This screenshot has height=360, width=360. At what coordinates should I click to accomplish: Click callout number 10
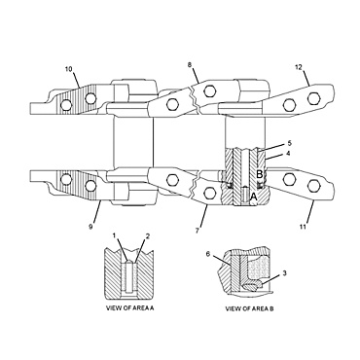click(x=68, y=69)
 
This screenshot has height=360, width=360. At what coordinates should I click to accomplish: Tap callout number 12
click(x=298, y=68)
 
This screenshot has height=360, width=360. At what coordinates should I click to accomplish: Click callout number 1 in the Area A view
click(x=114, y=236)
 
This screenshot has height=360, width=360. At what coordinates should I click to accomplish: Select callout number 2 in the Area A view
click(x=147, y=236)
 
